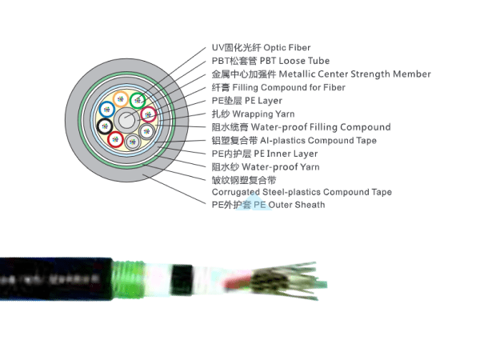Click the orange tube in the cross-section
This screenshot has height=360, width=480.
(122, 102)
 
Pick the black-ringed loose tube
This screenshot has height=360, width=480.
(104, 127)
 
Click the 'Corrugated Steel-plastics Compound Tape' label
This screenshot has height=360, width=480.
(302, 192)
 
